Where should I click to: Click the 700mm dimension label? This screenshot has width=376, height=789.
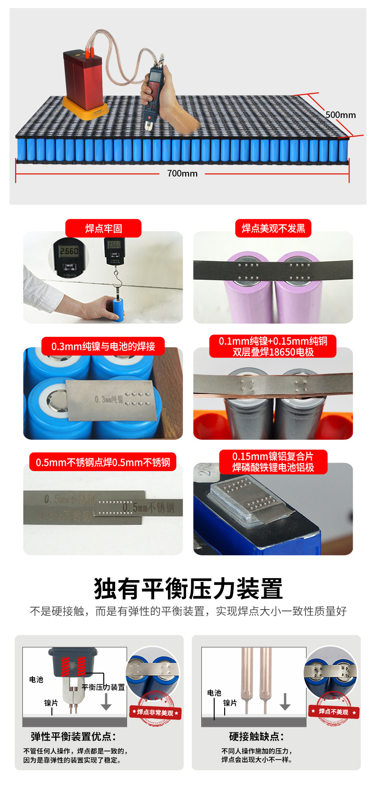[x=182, y=174]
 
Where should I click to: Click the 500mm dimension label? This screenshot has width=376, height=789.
[x=340, y=115]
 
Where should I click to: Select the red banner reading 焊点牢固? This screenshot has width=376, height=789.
[x=103, y=228]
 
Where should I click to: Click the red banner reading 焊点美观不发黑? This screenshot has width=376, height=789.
[x=273, y=228]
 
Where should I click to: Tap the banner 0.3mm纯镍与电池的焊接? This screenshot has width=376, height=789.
[x=103, y=346]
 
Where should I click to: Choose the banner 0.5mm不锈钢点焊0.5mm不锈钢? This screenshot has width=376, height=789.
[x=103, y=463]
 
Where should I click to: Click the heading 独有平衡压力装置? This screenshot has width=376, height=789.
[x=188, y=589]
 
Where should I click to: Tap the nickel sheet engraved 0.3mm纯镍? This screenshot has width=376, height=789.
[x=112, y=400]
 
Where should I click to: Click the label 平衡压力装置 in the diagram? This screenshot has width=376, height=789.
[x=103, y=687]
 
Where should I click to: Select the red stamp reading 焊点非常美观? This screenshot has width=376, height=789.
[x=155, y=712]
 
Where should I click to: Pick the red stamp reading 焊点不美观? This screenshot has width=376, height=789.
[x=333, y=712]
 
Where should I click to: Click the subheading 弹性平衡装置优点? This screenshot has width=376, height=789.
[x=73, y=737]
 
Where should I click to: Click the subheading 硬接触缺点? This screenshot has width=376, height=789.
[x=257, y=737]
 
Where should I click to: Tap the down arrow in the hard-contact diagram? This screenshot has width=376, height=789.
[x=285, y=702]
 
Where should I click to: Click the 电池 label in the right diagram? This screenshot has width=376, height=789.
[x=214, y=693]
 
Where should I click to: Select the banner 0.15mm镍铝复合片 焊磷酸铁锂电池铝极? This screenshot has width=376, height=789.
[x=273, y=462]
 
